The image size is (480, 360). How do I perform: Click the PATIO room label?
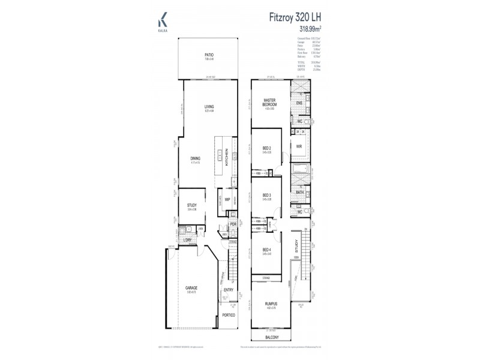pos(209,55)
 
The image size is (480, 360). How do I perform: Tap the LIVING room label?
pos(209,107)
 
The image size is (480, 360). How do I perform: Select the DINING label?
pos(196,158)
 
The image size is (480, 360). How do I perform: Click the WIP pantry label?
pos(227,200)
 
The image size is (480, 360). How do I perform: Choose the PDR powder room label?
pos(233,226)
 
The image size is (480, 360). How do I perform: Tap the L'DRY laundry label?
pos(187,241)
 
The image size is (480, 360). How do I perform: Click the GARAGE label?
pos(191,288)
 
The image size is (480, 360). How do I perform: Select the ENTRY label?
pos(229,290)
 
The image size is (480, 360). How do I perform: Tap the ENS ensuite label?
pos(299,103)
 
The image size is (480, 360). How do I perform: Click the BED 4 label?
pos(267,251)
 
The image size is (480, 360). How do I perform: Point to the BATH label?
pos(299,192)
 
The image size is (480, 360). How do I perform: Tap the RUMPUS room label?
pos(271,304)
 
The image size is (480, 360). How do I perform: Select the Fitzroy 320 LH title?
pos(293,17)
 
